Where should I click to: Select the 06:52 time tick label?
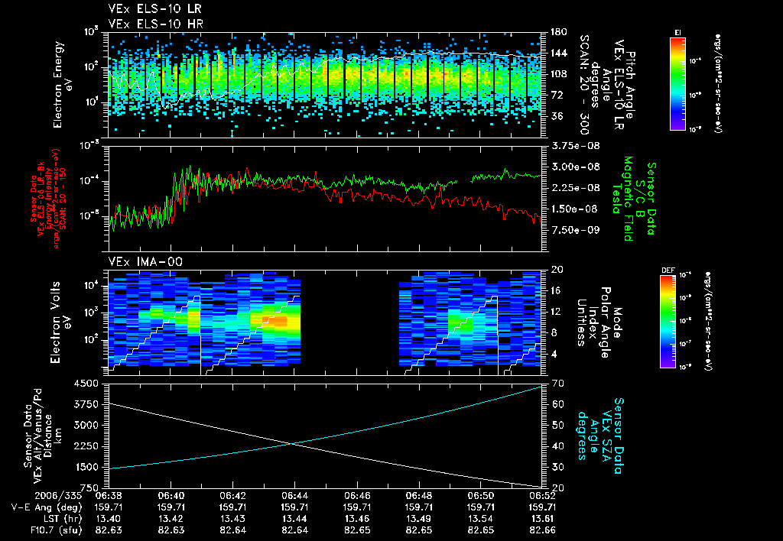541,495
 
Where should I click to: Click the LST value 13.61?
541,517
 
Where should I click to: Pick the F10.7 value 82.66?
541,528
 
